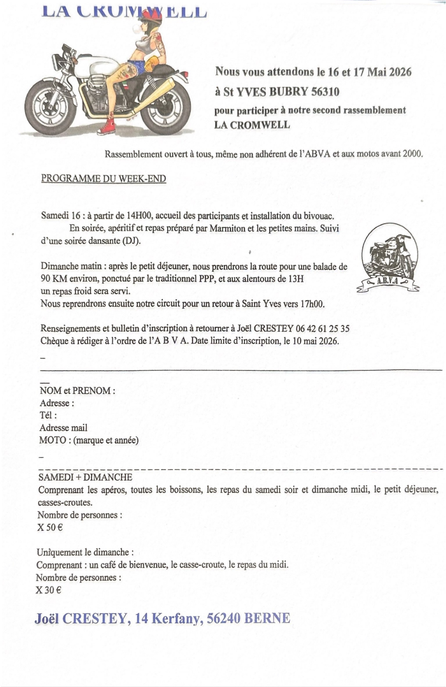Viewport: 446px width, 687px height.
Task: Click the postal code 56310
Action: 325,92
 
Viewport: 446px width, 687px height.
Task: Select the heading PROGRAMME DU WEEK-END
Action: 104,179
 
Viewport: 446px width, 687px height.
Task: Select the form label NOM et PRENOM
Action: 77,391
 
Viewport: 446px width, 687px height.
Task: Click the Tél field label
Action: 48,415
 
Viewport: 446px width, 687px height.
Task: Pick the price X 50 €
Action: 50,528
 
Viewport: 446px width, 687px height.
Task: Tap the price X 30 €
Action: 49,590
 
